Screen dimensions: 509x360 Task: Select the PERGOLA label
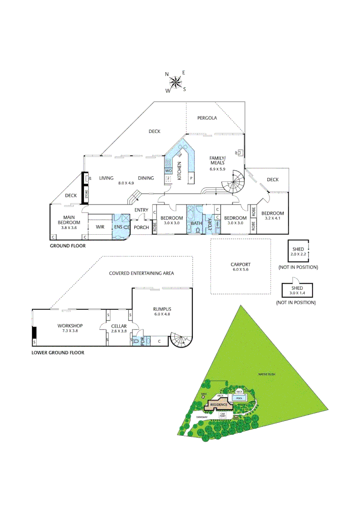[207, 118]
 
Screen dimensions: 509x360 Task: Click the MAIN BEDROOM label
[69, 220]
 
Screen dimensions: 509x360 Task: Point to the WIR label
[100, 227]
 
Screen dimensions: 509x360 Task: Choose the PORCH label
[141, 227]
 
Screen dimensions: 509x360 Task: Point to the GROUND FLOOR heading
[68, 246]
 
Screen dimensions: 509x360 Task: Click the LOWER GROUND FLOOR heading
[58, 353]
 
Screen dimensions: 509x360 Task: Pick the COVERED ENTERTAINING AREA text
[141, 273]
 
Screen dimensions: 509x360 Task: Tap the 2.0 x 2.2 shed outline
[298, 251]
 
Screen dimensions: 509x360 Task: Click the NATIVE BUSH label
[266, 375]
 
